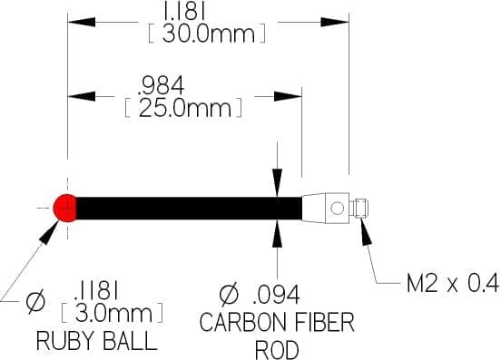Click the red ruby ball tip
pos(64,208)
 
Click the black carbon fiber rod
pos(189,208)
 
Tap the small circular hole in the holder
pos(337,209)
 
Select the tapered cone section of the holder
pos(314,209)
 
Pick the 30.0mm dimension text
pos(209,34)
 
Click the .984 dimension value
pos(161,85)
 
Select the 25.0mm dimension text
pos(184,109)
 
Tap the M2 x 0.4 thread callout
pos(452,283)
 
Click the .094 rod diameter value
pos(276,294)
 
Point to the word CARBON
pos(242,322)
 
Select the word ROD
pos(277,350)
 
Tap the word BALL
pos(130,341)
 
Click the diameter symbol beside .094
pos(229,294)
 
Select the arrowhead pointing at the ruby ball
pos(49,232)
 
